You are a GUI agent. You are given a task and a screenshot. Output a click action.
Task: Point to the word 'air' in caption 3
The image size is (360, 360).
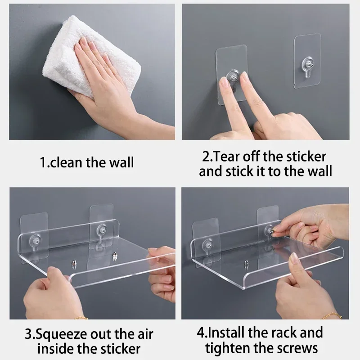(143, 335)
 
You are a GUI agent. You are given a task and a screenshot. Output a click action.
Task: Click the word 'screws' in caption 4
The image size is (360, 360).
(297, 348)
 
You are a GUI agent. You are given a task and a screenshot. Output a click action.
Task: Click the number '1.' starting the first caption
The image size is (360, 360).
(44, 162)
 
